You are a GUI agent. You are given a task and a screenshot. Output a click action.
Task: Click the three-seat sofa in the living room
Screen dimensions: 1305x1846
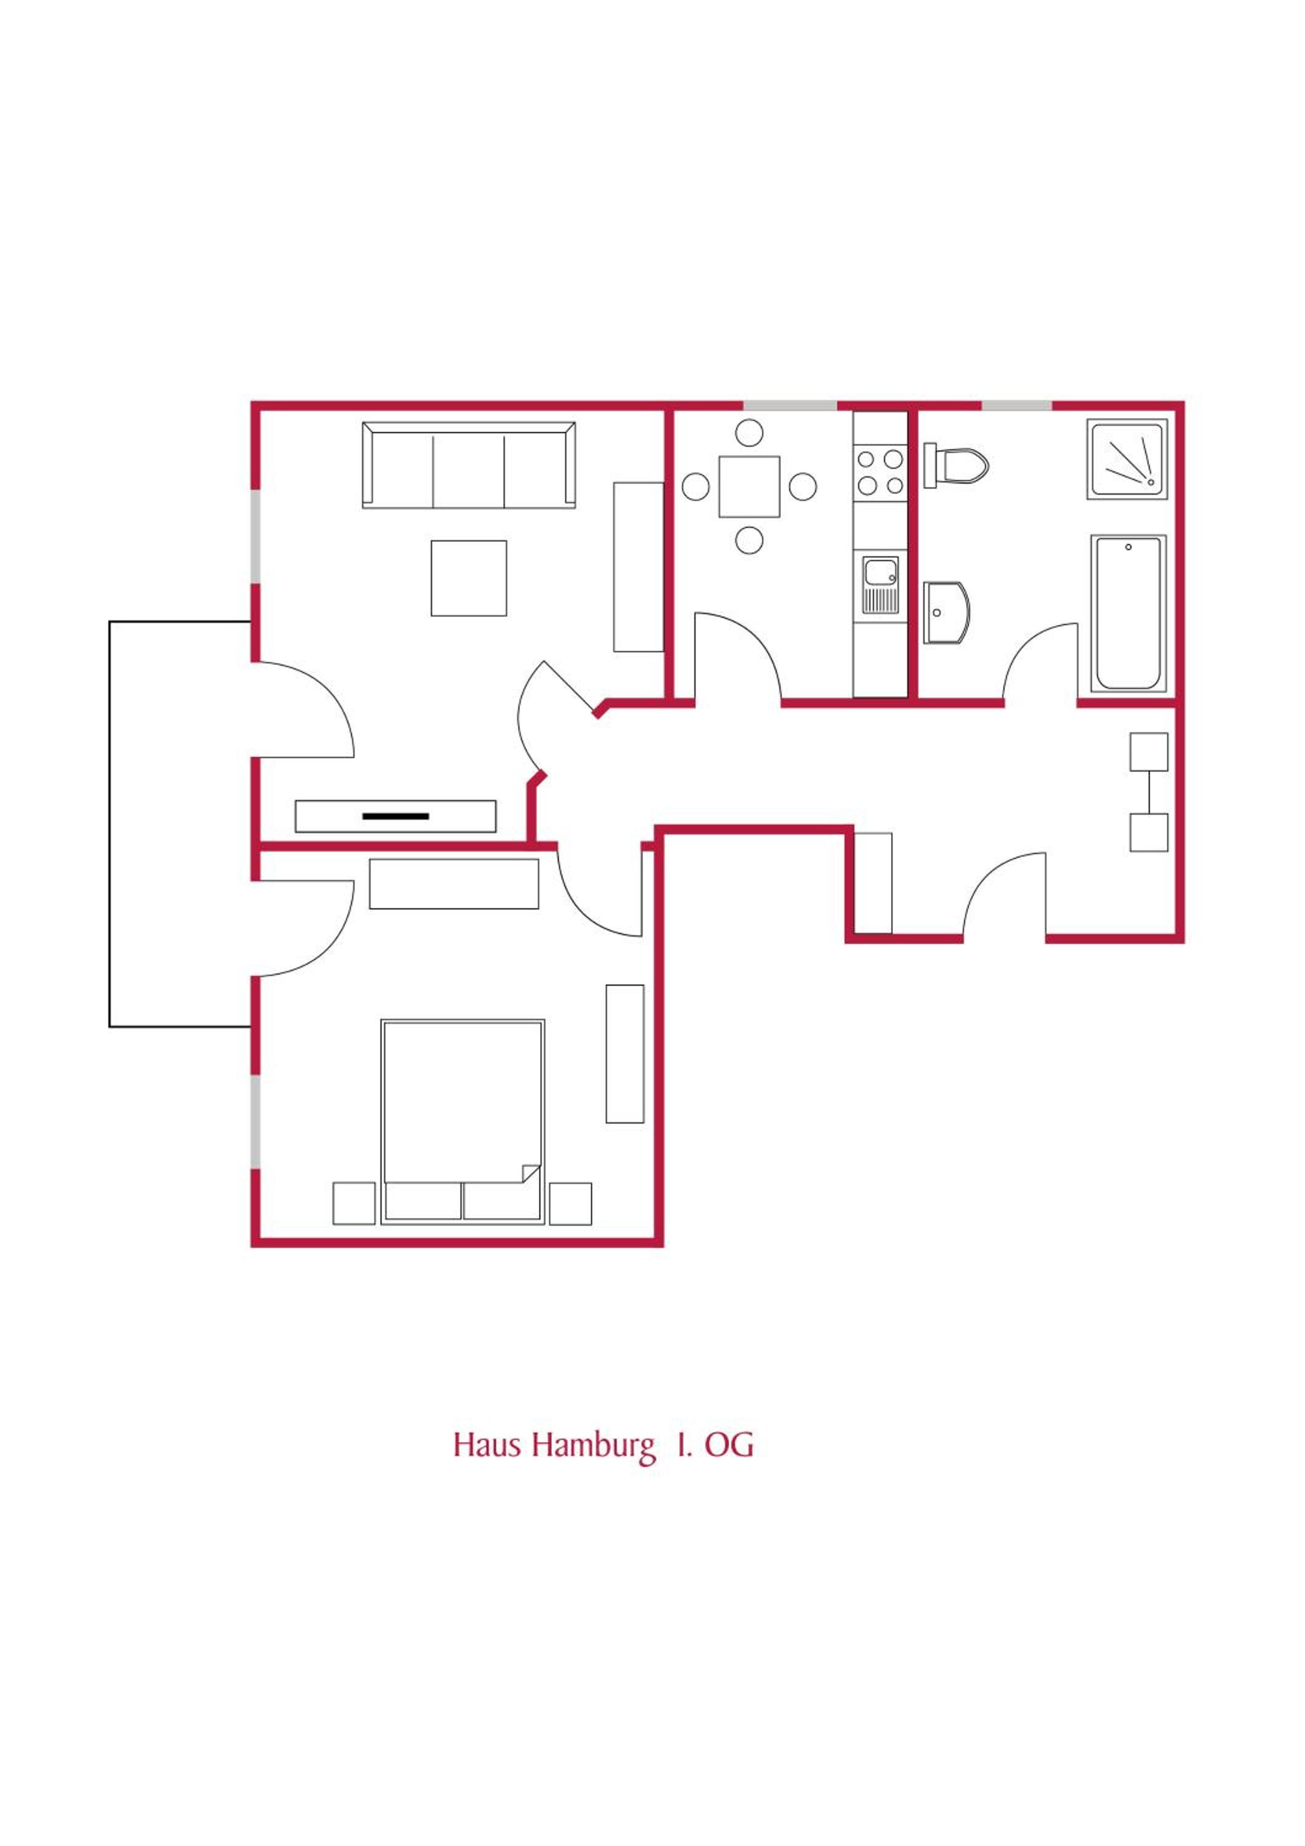click(469, 466)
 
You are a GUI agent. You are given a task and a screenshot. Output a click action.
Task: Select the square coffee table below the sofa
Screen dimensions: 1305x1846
click(469, 578)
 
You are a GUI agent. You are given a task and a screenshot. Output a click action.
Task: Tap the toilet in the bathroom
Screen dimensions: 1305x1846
click(955, 465)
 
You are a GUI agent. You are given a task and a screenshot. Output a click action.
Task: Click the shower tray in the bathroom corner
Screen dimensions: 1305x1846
click(1127, 459)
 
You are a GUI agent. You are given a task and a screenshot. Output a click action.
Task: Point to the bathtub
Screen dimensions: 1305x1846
click(1128, 613)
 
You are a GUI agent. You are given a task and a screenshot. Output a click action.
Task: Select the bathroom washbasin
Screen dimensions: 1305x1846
click(946, 613)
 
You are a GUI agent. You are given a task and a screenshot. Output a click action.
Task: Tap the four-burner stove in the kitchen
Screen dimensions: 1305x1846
click(880, 473)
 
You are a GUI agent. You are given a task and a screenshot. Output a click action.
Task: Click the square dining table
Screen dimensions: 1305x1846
click(749, 487)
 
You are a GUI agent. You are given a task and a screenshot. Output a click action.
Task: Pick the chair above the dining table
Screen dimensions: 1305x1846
click(749, 433)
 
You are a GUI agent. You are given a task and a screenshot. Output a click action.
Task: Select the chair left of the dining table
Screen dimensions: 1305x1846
click(696, 487)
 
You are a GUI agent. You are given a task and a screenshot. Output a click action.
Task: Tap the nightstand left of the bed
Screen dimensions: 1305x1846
click(354, 1204)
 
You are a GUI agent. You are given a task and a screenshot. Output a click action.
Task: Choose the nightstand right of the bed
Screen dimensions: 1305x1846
click(571, 1204)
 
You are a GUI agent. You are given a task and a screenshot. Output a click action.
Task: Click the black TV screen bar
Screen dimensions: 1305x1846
click(396, 816)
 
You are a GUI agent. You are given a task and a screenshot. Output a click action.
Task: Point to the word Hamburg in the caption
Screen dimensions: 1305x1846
click(593, 1445)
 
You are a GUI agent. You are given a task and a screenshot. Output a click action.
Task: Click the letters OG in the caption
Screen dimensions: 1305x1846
click(729, 1445)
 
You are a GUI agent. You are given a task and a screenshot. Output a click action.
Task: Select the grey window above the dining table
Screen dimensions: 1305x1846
click(790, 406)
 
